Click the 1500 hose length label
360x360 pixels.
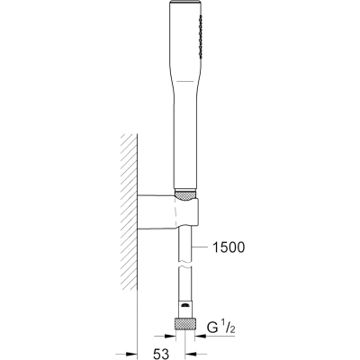pos(229,247)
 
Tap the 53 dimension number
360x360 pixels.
pos(162,354)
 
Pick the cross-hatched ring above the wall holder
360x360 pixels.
pos(185,194)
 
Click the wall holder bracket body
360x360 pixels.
pos(167,212)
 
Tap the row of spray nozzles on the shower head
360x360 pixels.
pos(199,36)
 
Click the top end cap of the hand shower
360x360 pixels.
pos(185,3)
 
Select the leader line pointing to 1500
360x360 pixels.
pos(201,247)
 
